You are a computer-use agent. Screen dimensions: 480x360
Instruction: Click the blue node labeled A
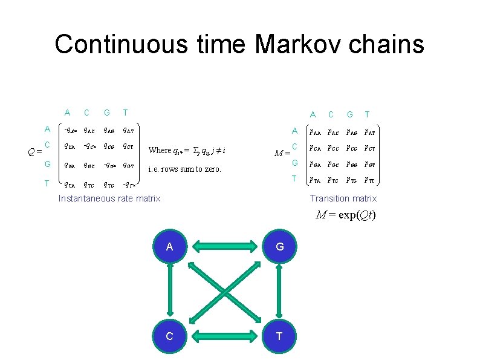click(170, 246)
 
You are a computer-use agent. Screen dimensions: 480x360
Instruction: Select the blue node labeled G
click(279, 246)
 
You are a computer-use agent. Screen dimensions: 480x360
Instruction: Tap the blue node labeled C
click(170, 336)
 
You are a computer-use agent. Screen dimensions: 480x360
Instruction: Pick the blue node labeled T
click(279, 336)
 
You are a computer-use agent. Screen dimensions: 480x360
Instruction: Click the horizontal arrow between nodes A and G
click(224, 246)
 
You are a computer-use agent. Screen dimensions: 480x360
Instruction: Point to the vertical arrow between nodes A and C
click(170, 291)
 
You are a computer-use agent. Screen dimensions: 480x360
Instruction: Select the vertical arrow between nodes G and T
click(279, 291)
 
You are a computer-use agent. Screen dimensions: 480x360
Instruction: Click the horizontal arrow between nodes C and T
click(224, 336)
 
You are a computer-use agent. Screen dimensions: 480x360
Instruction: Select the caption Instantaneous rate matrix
click(109, 198)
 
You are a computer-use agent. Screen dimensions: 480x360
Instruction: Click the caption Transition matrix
click(343, 198)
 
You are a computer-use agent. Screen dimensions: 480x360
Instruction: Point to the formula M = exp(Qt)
click(346, 215)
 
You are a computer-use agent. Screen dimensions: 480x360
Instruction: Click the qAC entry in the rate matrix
click(88, 129)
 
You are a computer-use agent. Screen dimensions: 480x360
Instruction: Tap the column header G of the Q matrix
click(106, 113)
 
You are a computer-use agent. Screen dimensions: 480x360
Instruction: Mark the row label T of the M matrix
click(294, 178)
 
